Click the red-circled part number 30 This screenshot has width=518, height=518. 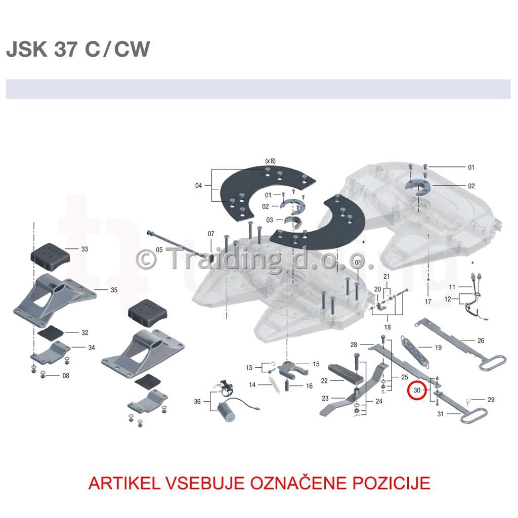tap(417, 390)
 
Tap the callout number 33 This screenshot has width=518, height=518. tap(84, 249)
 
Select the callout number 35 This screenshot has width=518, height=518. tap(114, 290)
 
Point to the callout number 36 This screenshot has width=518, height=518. tap(197, 401)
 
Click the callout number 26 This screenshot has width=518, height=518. tap(481, 340)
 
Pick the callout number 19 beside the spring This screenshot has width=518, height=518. tap(438, 348)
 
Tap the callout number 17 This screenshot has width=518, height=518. tap(428, 301)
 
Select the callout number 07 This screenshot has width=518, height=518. tap(211, 234)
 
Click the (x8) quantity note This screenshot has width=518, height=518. tap(270, 161)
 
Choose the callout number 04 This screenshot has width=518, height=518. tap(198, 186)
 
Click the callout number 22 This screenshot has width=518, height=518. tap(324, 381)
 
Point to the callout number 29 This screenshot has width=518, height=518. tap(491, 400)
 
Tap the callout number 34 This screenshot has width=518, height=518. tap(92, 348)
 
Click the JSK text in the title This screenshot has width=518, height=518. tap(27, 49)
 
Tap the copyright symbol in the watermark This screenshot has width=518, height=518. tap(146, 260)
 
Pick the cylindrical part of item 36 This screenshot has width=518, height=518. tap(226, 412)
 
